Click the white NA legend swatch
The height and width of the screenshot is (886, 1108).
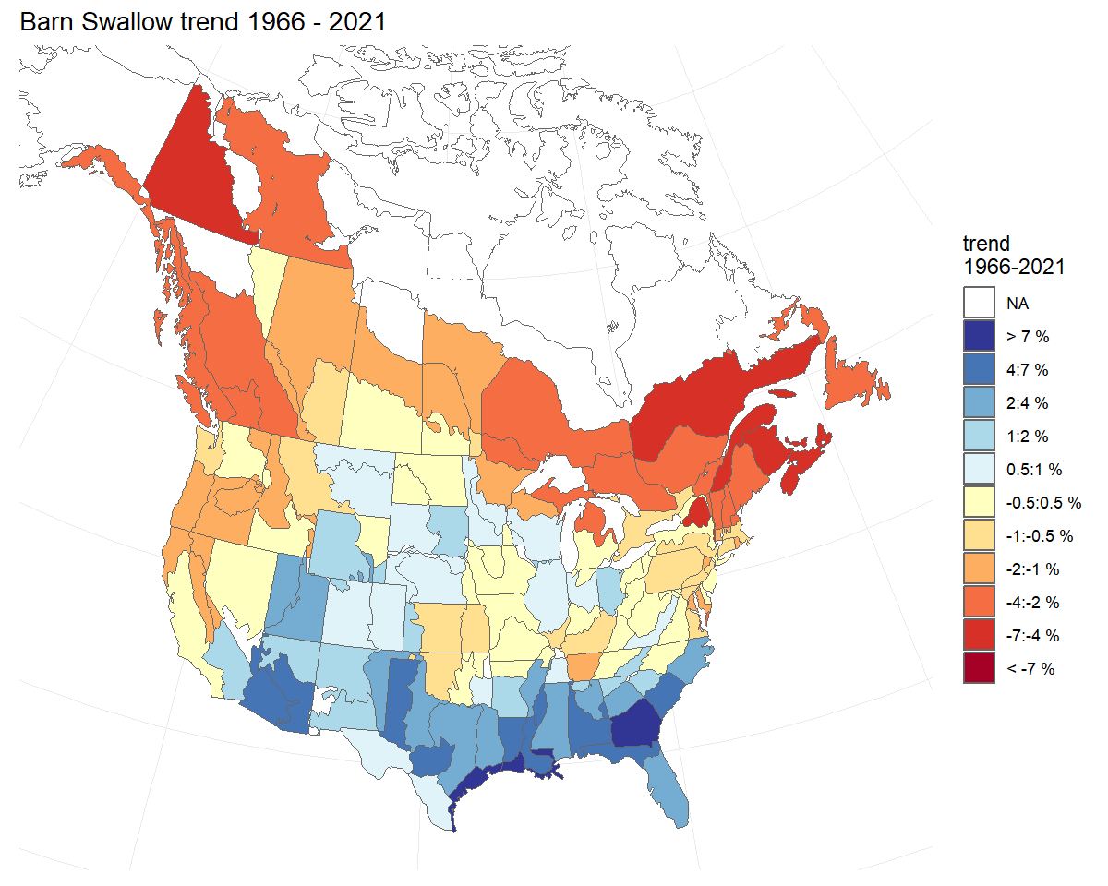(x=979, y=303)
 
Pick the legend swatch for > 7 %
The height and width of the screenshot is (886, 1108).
(x=979, y=336)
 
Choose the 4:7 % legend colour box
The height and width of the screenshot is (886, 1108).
(x=979, y=369)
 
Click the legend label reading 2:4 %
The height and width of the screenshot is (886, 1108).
(x=1028, y=402)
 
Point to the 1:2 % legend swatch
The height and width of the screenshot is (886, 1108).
(x=979, y=436)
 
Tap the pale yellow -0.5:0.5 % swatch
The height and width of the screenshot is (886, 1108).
(x=979, y=502)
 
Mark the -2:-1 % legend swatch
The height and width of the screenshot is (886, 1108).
(x=979, y=569)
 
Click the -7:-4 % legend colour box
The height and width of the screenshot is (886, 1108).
(x=979, y=635)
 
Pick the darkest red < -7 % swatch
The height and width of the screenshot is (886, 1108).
(x=979, y=668)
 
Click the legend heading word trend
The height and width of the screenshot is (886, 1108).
(x=986, y=245)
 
